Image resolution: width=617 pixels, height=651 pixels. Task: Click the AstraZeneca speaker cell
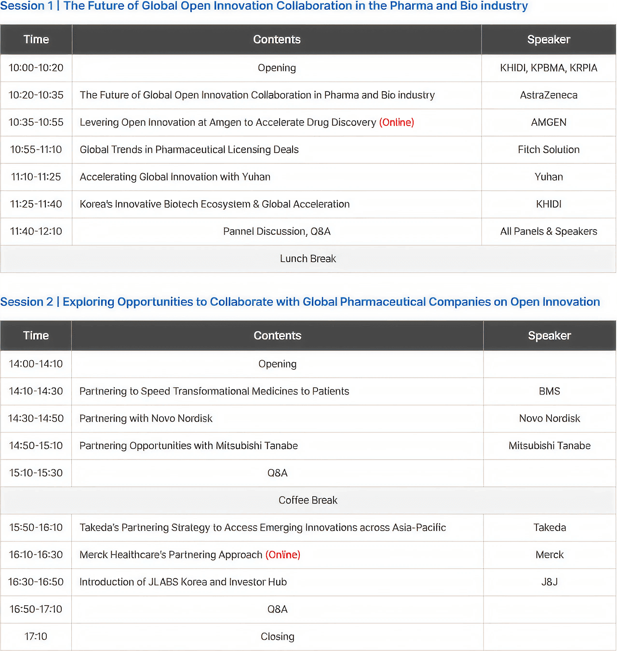(x=549, y=95)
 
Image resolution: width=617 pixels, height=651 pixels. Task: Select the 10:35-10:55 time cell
(x=36, y=122)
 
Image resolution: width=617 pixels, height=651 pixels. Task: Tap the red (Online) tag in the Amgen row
(x=396, y=122)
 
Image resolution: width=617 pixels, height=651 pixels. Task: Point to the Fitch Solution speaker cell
(x=549, y=149)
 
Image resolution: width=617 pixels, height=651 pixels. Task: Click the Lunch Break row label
(x=308, y=259)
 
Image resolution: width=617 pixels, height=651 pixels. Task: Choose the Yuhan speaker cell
(x=549, y=177)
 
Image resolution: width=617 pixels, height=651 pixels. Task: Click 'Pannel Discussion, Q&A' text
(x=277, y=231)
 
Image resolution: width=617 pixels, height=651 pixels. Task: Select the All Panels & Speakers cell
(x=549, y=231)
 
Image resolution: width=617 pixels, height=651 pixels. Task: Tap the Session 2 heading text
(x=300, y=302)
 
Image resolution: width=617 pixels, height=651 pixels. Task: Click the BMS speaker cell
(x=550, y=391)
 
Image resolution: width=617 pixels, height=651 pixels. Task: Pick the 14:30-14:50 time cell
(x=36, y=419)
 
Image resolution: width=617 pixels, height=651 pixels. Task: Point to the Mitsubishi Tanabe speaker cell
(x=550, y=446)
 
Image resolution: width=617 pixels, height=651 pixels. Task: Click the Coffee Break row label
(x=308, y=501)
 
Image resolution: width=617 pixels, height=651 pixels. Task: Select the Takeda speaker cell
(x=550, y=528)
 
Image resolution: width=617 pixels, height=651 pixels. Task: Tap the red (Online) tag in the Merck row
(x=283, y=555)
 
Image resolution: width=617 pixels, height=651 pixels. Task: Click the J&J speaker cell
(x=550, y=582)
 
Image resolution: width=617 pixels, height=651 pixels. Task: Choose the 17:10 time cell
(x=36, y=637)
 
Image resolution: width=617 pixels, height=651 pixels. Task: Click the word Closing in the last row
(x=277, y=637)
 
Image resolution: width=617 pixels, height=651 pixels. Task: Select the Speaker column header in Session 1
(x=549, y=40)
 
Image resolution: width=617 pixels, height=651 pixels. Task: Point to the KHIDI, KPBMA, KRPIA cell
(x=549, y=68)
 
